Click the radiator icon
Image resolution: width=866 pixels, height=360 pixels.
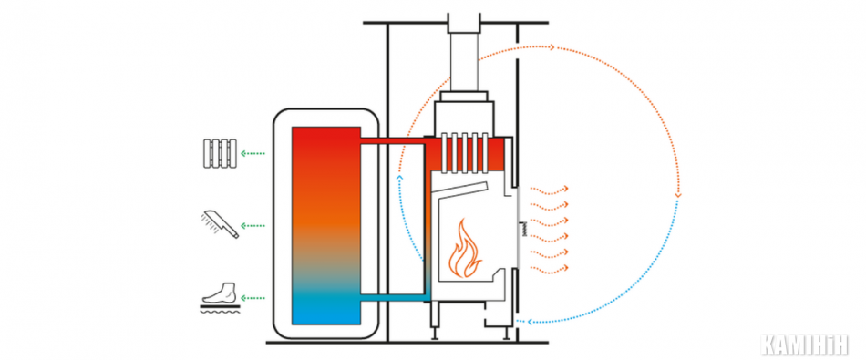(220, 153)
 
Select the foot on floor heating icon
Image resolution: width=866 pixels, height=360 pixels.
(221, 298)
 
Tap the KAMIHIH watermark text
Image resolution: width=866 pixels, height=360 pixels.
(804, 345)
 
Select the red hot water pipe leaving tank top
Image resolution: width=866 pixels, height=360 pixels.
(392, 141)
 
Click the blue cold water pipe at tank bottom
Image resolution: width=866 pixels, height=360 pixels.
(393, 298)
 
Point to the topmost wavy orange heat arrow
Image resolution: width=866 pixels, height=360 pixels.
(549, 189)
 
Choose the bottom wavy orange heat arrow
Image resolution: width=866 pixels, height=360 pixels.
(549, 268)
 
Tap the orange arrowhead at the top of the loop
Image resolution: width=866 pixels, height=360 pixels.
(552, 47)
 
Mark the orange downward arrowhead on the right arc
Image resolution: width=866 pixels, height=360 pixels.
(678, 194)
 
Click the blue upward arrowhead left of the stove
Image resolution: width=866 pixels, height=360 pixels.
(400, 178)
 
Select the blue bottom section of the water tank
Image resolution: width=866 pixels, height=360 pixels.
(325, 306)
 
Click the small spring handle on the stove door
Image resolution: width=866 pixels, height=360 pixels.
(523, 228)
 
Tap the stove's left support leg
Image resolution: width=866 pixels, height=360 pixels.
(435, 332)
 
